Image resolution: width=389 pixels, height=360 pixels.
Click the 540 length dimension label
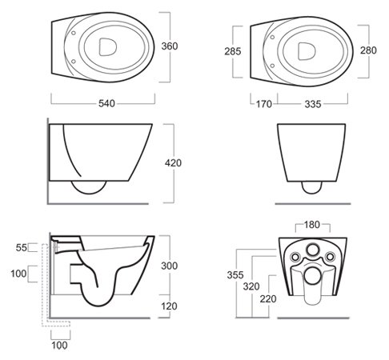(x=106, y=103)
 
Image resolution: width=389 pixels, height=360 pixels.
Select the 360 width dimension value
(x=170, y=46)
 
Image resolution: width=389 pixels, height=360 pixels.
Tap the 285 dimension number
(x=233, y=51)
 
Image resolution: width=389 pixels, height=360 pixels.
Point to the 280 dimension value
(x=368, y=50)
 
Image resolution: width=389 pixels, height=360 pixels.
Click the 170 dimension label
(x=264, y=104)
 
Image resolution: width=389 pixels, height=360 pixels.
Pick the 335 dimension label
(x=313, y=104)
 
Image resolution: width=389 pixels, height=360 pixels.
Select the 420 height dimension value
(x=173, y=163)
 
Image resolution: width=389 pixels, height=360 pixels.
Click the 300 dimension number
(x=170, y=266)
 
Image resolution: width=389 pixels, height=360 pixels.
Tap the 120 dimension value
(x=169, y=306)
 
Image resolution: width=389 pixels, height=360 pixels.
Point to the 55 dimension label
(x=22, y=248)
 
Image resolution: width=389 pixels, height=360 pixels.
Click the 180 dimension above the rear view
(x=312, y=225)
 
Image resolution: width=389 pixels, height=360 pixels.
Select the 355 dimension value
(x=235, y=275)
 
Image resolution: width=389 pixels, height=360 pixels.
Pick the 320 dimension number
(x=251, y=286)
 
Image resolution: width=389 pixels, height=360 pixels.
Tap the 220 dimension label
(x=268, y=299)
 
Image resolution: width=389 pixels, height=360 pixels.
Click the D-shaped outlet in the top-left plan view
(x=108, y=47)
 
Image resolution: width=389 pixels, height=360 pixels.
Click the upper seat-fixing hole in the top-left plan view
(x=74, y=33)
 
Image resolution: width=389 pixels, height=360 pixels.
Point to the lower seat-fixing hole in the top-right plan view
(x=272, y=66)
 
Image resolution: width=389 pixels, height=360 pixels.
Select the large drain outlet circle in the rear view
(x=311, y=276)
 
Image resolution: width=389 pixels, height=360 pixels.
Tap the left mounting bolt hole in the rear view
(x=295, y=257)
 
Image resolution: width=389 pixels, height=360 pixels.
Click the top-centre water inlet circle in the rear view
(x=312, y=250)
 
